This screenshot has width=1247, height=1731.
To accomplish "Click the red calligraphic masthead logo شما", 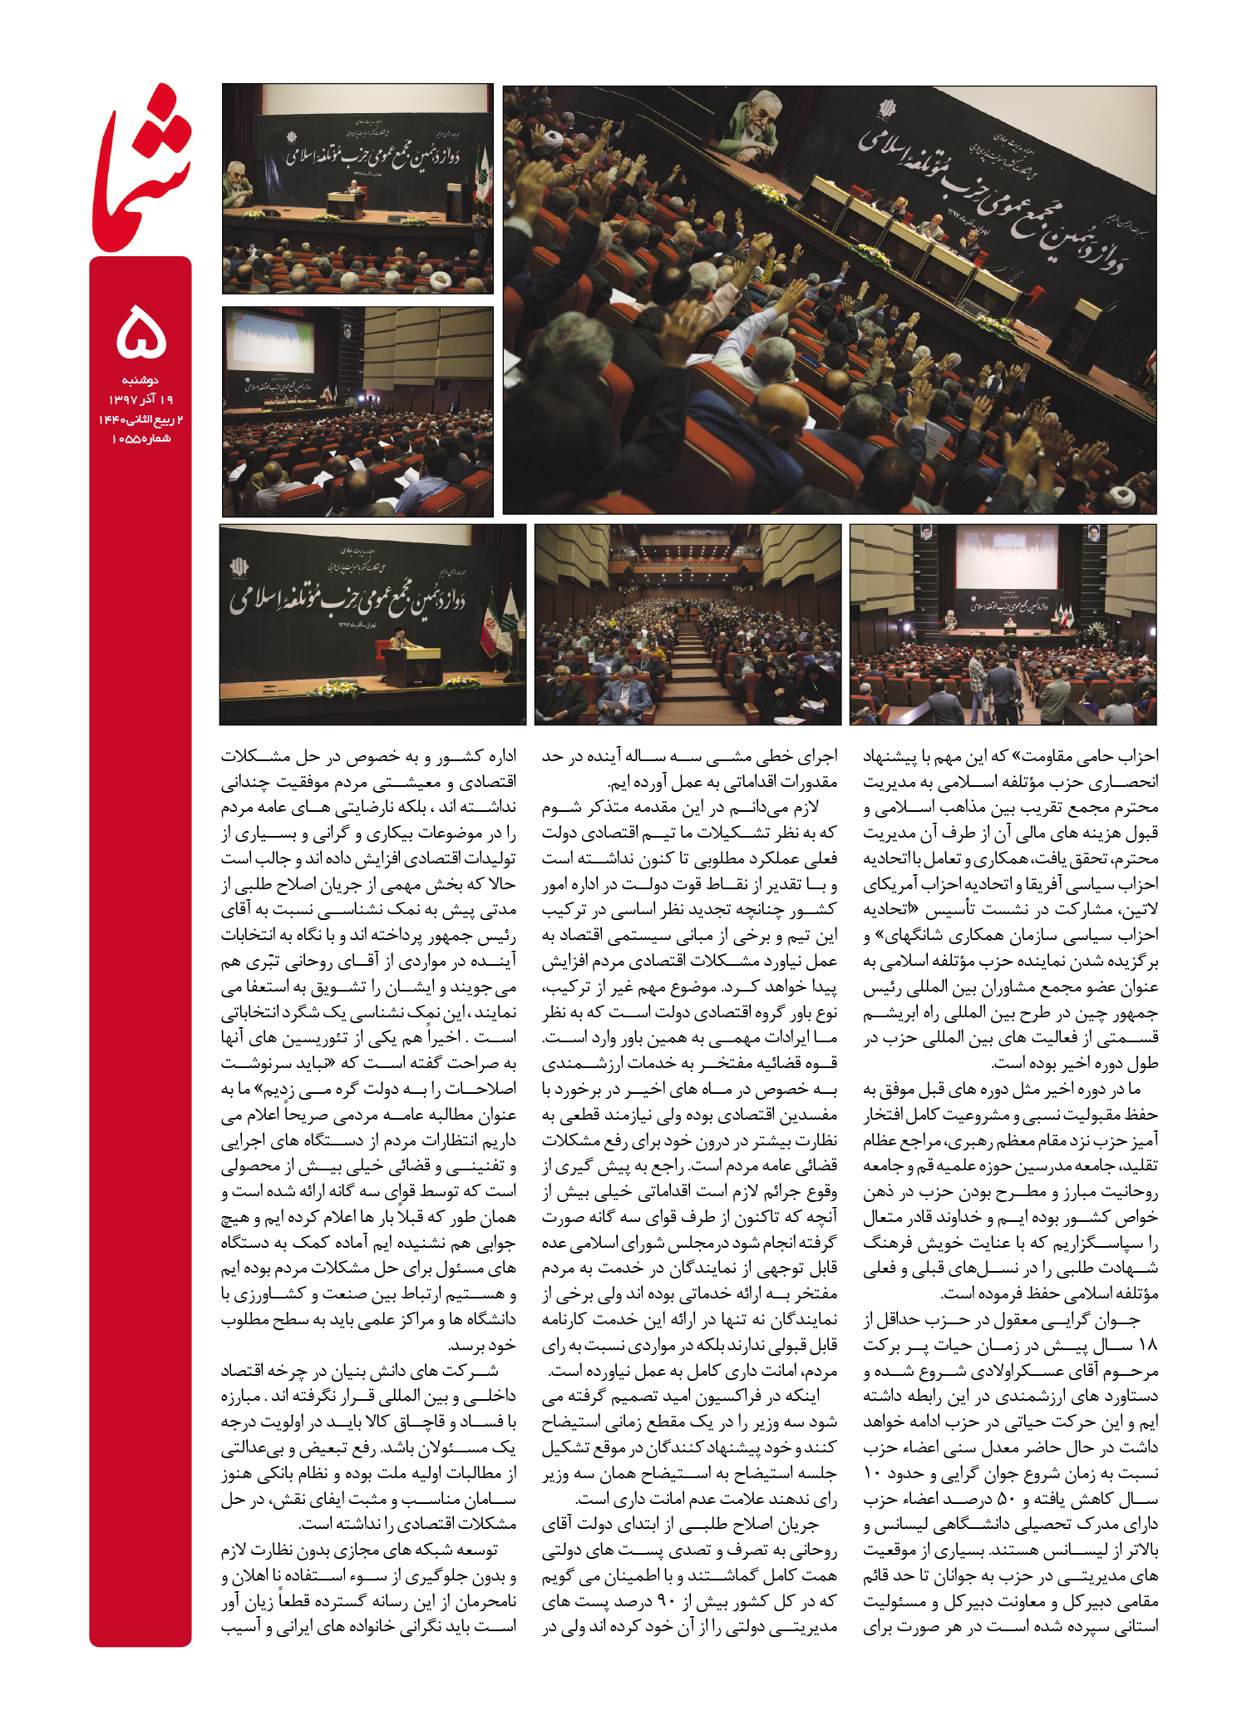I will [x=141, y=171].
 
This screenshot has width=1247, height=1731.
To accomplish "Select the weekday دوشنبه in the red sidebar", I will [x=140, y=380].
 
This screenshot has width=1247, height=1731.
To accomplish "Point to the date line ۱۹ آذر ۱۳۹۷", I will [x=140, y=400].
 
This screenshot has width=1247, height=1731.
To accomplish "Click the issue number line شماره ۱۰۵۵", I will [x=140, y=439].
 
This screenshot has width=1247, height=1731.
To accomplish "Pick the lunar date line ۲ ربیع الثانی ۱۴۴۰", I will [x=140, y=419].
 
